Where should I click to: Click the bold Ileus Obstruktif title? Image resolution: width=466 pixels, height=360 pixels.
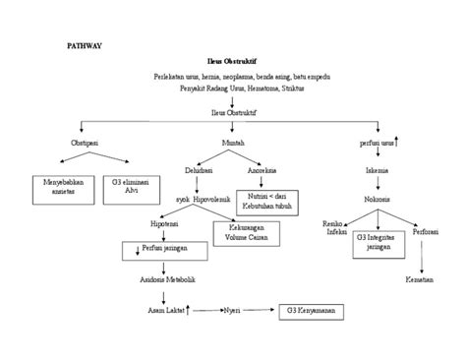coord(233,61)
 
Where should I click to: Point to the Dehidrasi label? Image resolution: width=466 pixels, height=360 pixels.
coord(199,169)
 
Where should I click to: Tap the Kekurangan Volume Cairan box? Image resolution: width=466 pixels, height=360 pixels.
coord(246,232)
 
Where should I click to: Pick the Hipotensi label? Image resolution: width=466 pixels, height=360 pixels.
coord(164,223)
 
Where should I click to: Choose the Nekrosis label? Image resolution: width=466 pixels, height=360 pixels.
coord(379,198)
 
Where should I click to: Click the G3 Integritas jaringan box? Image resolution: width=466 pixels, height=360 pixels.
coord(379,242)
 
